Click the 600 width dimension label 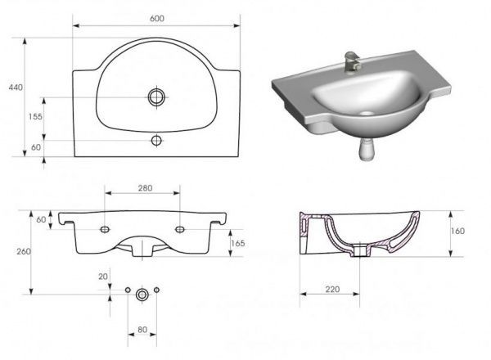pos(157,19)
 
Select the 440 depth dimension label pos(16,88)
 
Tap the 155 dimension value pos(35,117)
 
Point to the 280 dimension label pos(146,188)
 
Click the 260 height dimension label pos(24,251)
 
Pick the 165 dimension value pos(237,243)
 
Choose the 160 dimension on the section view pos(457,231)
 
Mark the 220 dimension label pos(332,290)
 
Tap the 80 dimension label pos(142,330)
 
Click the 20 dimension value pos(103,277)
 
